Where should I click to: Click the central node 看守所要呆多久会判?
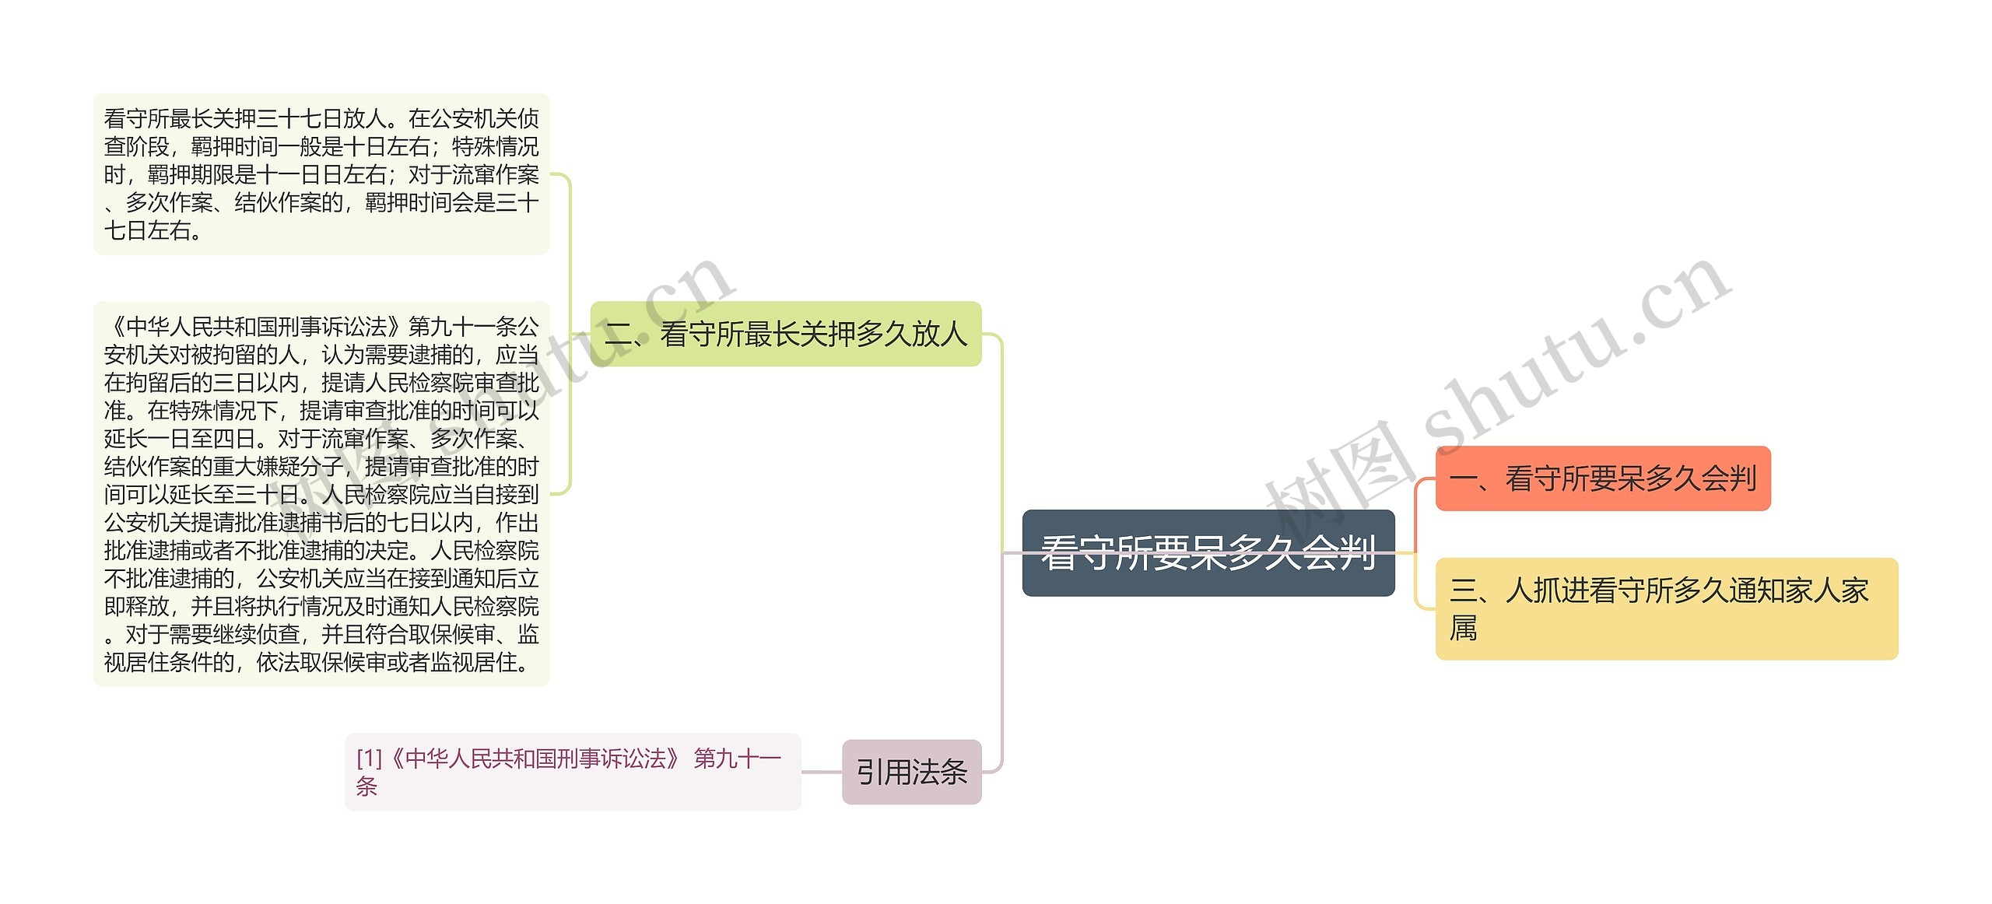[1208, 553]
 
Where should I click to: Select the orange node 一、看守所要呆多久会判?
[1602, 478]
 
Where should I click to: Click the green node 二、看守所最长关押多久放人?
[786, 335]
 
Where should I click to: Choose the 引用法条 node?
[911, 772]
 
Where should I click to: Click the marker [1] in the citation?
[369, 759]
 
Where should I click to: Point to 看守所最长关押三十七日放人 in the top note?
[244, 119]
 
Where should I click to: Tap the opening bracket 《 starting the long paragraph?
[114, 327]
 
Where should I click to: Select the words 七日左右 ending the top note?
[147, 231]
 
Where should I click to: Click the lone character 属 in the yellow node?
[1463, 628]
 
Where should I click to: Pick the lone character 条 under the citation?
[366, 787]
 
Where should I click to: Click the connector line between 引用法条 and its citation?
[822, 772]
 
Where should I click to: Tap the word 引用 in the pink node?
[883, 772]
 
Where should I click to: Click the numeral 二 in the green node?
[619, 335]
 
